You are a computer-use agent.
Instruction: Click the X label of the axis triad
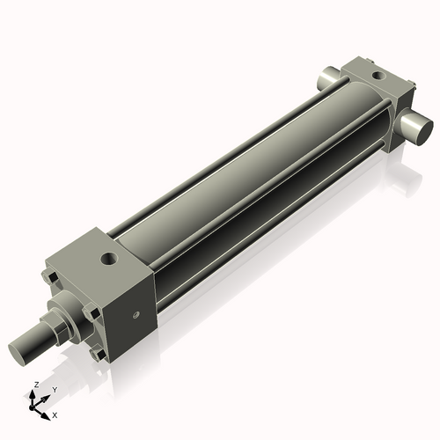tap(55, 414)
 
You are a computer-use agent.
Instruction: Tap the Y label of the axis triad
tap(54, 388)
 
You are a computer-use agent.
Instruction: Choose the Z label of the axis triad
tap(35, 385)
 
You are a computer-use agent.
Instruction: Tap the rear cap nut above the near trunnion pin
tap(407, 94)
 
